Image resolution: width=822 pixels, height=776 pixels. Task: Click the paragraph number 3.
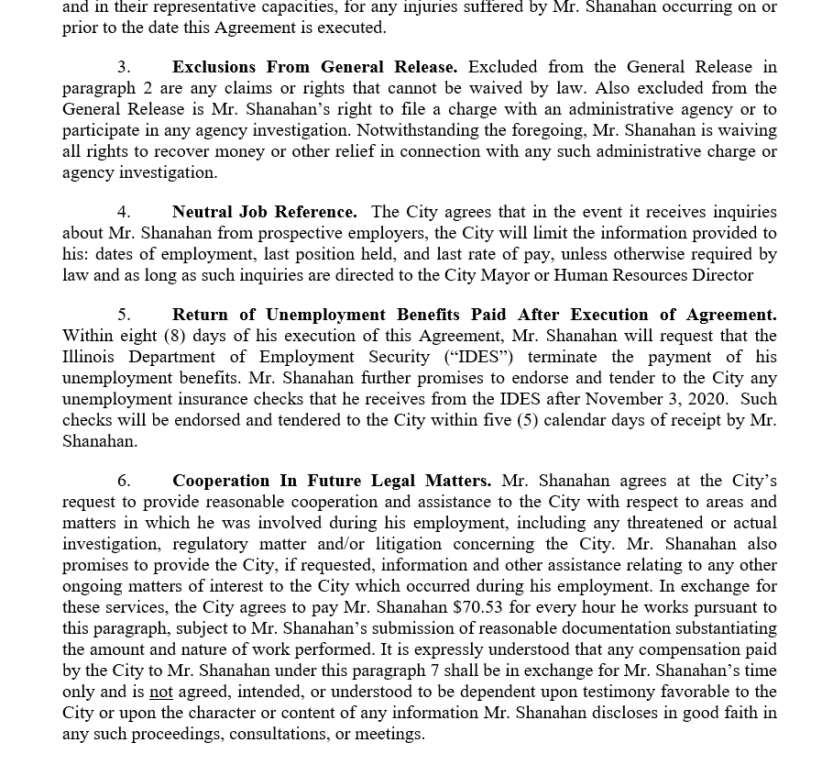[124, 67]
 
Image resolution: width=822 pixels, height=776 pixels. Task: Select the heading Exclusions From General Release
[314, 67]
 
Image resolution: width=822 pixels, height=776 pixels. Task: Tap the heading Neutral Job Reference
[264, 212]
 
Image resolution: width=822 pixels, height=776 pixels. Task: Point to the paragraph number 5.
[124, 315]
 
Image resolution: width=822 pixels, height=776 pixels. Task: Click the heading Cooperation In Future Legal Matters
[331, 481]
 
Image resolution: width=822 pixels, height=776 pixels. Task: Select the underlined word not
[161, 692]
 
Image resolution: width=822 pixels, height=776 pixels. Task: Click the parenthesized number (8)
[174, 336]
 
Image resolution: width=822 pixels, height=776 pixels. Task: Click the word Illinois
[90, 357]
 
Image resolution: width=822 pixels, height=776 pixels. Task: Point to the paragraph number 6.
[124, 481]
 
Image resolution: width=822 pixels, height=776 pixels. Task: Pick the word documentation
[647, 628]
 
